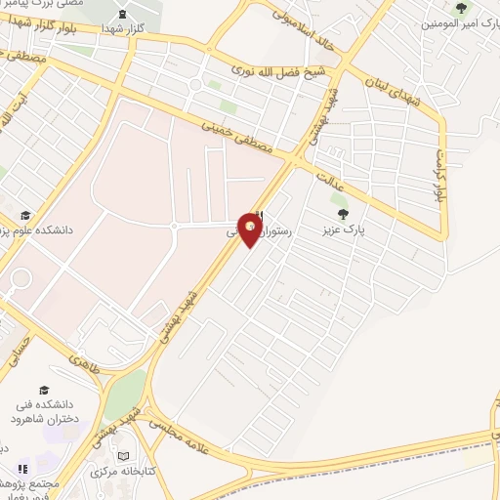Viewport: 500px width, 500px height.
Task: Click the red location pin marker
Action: point(251,229)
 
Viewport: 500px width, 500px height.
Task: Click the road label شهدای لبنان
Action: point(396,94)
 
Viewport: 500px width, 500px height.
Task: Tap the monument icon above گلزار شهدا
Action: point(121,14)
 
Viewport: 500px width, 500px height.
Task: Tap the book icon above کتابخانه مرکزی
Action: point(122,456)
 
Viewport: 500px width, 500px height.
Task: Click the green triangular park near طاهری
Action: point(125,396)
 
